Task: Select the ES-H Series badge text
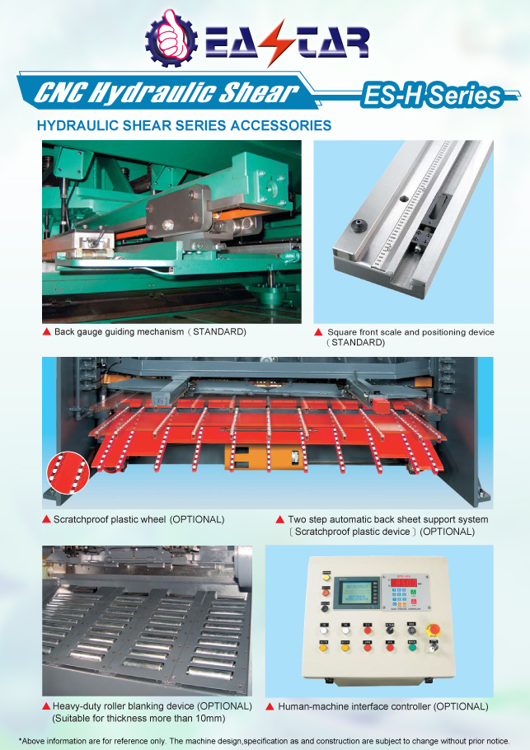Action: (x=431, y=96)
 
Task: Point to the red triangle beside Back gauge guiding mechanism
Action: (x=47, y=331)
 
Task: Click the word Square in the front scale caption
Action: (x=344, y=332)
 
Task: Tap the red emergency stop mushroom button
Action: (x=433, y=630)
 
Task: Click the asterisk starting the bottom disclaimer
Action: (x=21, y=741)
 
